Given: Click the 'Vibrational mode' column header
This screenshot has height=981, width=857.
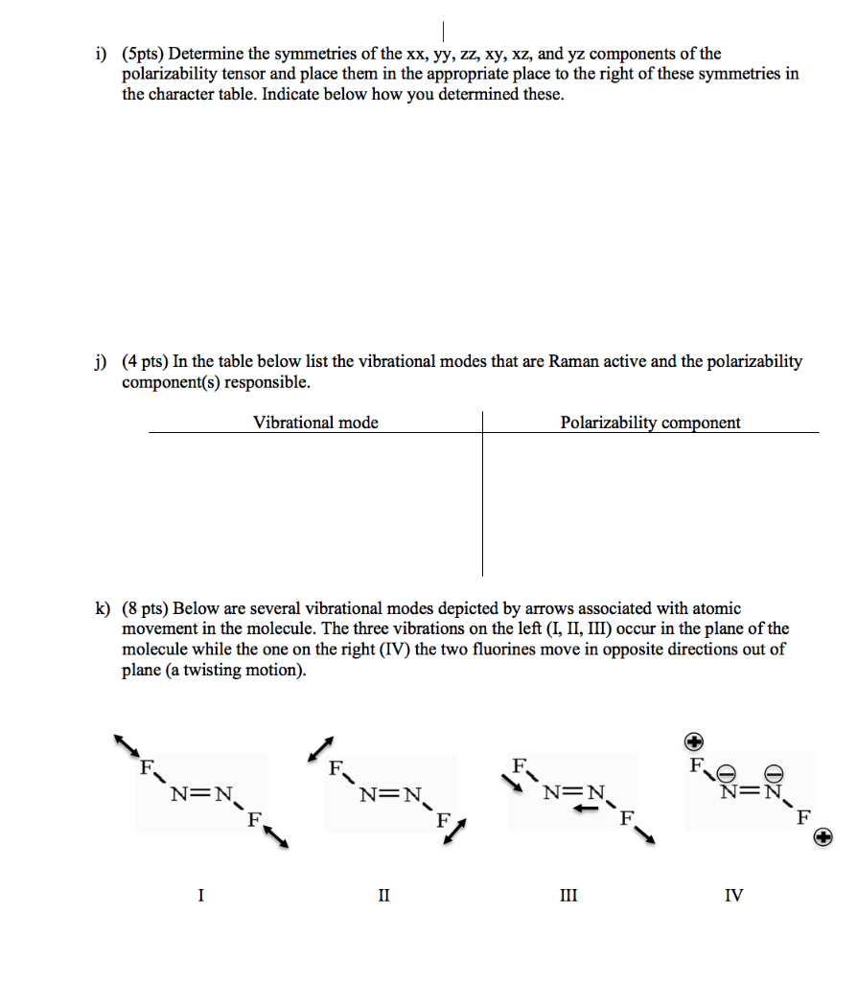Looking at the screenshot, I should coord(315,422).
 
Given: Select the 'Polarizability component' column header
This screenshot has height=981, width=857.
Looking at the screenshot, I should coord(650,422).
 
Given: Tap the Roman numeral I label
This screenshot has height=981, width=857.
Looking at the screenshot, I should coord(200,896).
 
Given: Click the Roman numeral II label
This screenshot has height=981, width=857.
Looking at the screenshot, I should coord(383,896).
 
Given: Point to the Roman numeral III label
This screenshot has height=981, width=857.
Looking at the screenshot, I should coord(568,896).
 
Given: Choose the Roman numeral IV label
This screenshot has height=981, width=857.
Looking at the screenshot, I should coord(733,896).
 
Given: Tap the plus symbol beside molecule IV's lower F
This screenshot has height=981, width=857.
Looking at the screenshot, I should coord(822,838).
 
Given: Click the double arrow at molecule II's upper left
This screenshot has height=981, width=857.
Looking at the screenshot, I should coord(321,749).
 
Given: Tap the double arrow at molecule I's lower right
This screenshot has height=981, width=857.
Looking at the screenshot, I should coord(275,835).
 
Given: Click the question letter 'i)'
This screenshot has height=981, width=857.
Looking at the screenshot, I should coord(100,54).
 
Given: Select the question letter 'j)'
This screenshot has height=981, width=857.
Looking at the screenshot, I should coord(100,362).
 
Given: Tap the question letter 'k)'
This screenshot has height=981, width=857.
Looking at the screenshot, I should coord(101,608).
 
